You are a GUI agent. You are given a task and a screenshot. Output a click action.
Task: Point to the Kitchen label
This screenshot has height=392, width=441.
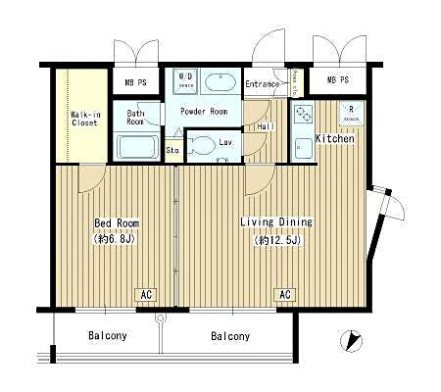pos(334,138)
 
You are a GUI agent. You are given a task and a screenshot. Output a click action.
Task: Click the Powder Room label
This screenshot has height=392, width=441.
pos(204,112)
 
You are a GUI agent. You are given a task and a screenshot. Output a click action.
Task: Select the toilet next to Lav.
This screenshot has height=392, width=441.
pos(201,147)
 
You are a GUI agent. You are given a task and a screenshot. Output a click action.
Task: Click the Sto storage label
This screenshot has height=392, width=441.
pos(172,150)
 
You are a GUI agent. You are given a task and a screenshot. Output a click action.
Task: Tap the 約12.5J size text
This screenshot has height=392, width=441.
pos(271,239)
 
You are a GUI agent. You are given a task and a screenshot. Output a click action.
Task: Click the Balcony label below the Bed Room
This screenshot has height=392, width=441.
pos(108,336)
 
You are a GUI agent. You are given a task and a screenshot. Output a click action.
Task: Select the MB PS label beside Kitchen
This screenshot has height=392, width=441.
pos(338,80)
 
